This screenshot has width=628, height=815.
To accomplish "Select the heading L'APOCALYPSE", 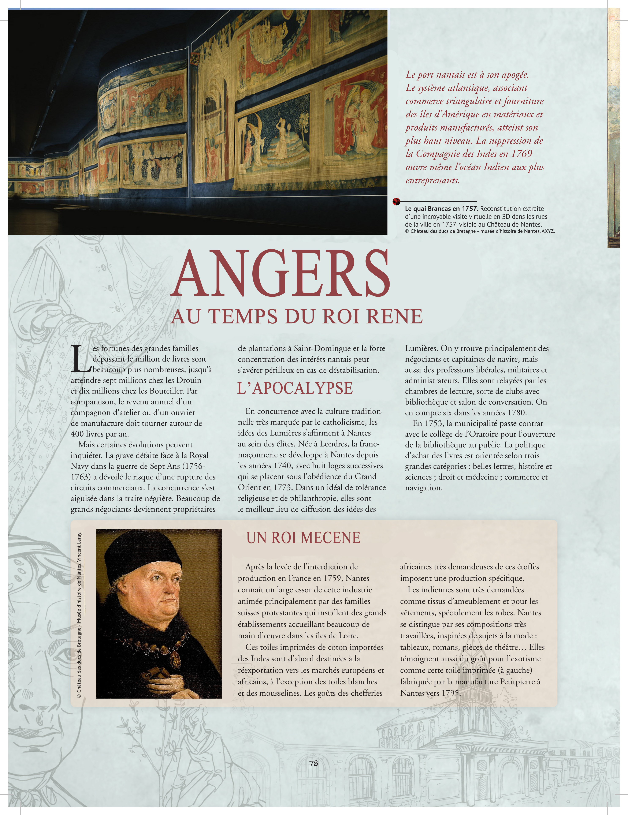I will coord(295,388).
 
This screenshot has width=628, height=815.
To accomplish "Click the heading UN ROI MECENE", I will coord(303,538).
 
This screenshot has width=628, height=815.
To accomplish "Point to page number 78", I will coord(314,763).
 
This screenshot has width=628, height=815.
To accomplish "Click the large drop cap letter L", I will coord(81,359).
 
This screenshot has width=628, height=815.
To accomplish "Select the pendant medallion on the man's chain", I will coord(174,660).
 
